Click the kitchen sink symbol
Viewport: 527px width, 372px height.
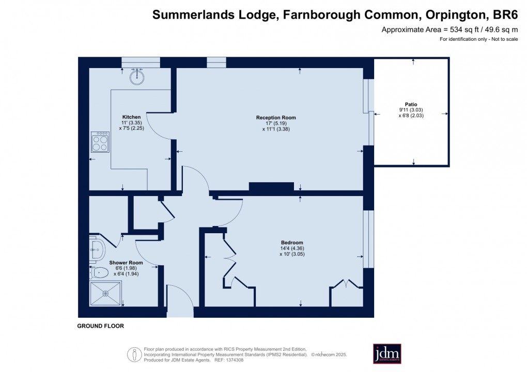pyautogui.click(x=136, y=77)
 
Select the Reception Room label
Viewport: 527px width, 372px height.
pyautogui.click(x=276, y=118)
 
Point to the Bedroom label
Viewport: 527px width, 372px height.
pyautogui.click(x=292, y=242)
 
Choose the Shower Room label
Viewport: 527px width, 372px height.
pyautogui.click(x=126, y=263)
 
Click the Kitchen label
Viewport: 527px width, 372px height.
pyautogui.click(x=131, y=117)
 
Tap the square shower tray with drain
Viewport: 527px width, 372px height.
pyautogui.click(x=105, y=294)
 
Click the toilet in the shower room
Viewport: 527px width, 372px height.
pyautogui.click(x=98, y=272)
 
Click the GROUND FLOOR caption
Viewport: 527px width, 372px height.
pyautogui.click(x=100, y=326)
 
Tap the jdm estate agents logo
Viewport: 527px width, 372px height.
pyautogui.click(x=387, y=353)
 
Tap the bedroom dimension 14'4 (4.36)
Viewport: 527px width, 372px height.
pyautogui.click(x=292, y=248)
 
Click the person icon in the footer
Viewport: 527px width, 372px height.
pyautogui.click(x=134, y=354)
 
